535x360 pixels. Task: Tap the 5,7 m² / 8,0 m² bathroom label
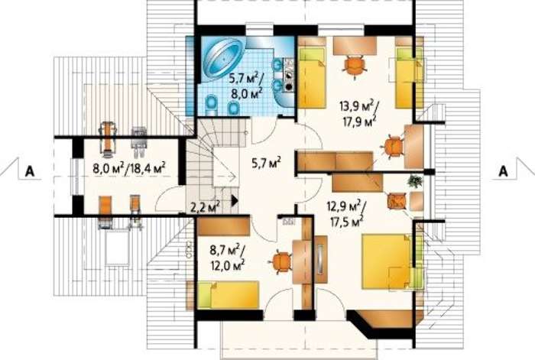coord(246,87)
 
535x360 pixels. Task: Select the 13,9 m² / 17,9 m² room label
coord(358,113)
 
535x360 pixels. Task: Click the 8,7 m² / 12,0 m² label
coord(228,257)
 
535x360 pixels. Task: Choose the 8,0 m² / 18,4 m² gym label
coord(129,168)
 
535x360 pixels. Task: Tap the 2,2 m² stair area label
coord(205,206)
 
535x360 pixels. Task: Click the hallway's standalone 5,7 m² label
coord(267,163)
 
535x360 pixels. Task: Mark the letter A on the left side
coord(30,171)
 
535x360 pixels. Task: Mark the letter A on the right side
coord(503,171)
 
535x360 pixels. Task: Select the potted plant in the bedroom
coord(415,180)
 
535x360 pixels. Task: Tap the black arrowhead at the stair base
coord(235,200)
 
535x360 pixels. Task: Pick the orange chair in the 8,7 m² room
coord(280,262)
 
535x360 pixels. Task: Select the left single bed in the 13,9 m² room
coord(312,77)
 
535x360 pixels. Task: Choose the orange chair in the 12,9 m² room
coord(397,200)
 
